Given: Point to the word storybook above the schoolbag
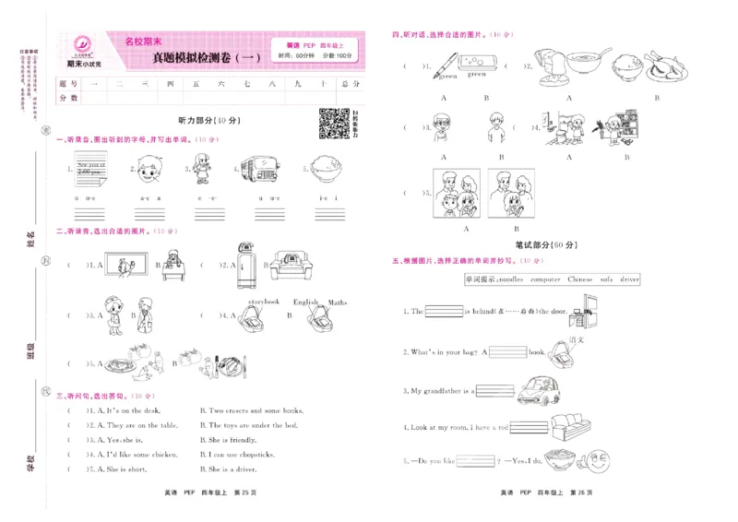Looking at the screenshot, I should (265, 302).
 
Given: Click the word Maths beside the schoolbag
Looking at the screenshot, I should (338, 302).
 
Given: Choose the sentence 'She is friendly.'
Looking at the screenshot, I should (230, 440).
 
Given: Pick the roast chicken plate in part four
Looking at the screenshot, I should (657, 67).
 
